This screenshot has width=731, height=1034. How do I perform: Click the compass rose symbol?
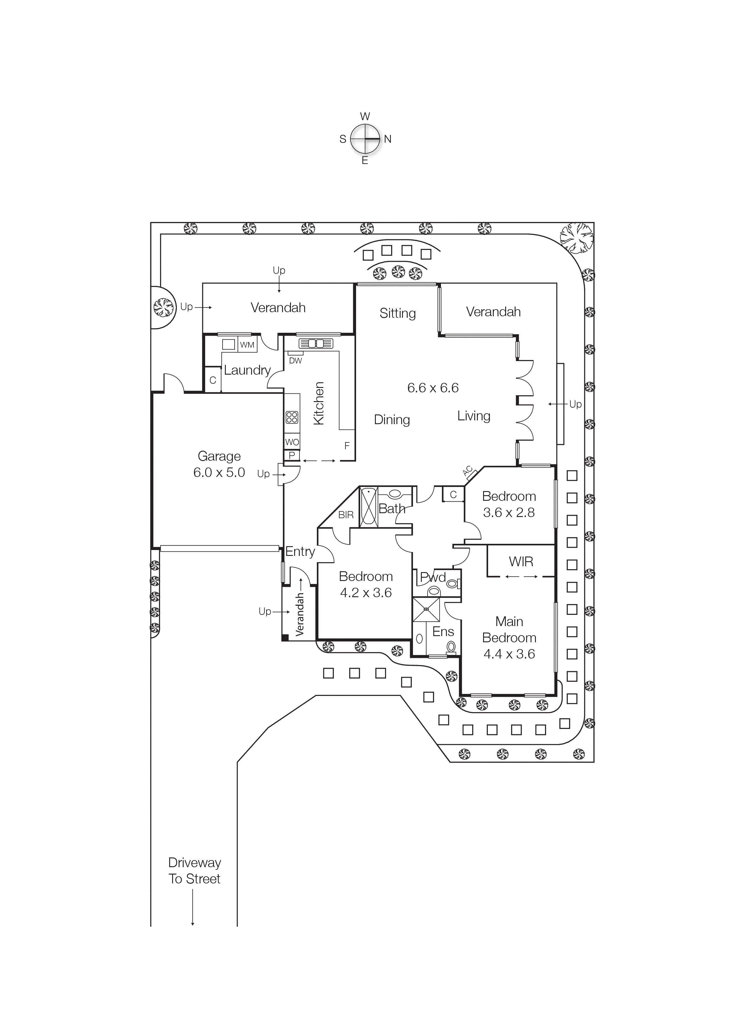365,139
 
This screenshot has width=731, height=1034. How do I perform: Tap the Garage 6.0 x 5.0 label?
219,464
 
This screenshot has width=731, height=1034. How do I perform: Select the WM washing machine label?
247,345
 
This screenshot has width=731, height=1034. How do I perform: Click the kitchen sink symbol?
315,344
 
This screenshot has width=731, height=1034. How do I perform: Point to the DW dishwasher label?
295,361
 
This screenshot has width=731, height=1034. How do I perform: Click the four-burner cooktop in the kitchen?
292,417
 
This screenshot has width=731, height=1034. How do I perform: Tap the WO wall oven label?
292,442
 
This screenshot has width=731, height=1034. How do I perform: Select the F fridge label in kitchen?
347,446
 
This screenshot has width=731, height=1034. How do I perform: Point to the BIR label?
346,515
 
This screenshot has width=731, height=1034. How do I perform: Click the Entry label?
300,552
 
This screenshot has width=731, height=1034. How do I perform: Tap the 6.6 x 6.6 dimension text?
432,388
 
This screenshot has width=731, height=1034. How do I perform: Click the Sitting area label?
397,313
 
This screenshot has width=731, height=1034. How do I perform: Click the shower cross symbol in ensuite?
426,610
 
